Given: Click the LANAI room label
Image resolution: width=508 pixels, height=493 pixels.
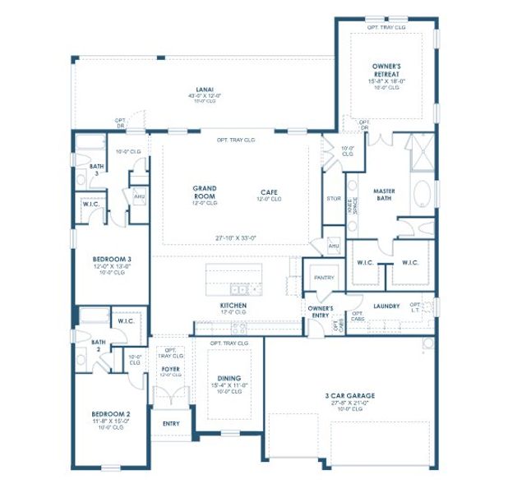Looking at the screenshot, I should click(x=206, y=89).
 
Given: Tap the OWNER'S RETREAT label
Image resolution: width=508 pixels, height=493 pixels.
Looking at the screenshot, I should click(x=386, y=69).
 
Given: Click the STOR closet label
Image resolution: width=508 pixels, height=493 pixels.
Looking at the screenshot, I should click(x=333, y=198).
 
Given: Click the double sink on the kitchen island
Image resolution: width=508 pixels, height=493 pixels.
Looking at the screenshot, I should click(x=240, y=288).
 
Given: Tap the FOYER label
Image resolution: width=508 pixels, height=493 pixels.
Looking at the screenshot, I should click(x=170, y=369).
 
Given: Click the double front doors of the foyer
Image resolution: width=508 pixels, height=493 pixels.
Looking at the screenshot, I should click(x=170, y=400).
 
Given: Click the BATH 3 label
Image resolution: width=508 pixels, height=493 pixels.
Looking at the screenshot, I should click(x=95, y=170).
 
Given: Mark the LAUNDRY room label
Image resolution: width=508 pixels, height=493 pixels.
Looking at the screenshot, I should click(x=386, y=306).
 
